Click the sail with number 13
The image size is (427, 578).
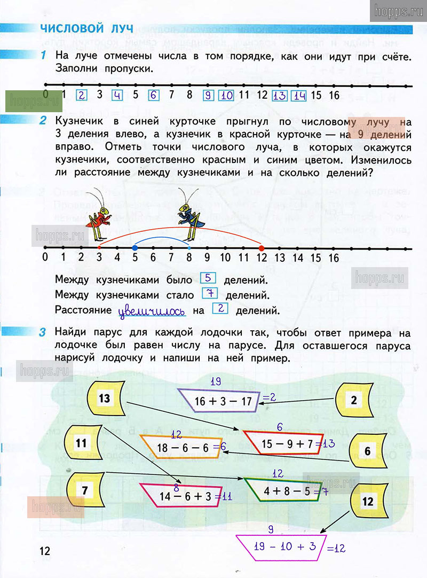(x=105, y=398)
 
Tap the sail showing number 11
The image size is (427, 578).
(x=82, y=443)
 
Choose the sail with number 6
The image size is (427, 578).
(x=367, y=451)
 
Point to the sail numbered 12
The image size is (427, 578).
(x=367, y=502)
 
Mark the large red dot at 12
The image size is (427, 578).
(x=262, y=248)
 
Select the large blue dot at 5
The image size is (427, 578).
(x=135, y=248)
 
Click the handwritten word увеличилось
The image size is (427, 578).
(x=152, y=310)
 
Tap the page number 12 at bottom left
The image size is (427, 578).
(x=44, y=551)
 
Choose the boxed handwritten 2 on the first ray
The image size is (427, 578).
(x=82, y=96)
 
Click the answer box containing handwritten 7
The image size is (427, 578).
(x=210, y=293)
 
